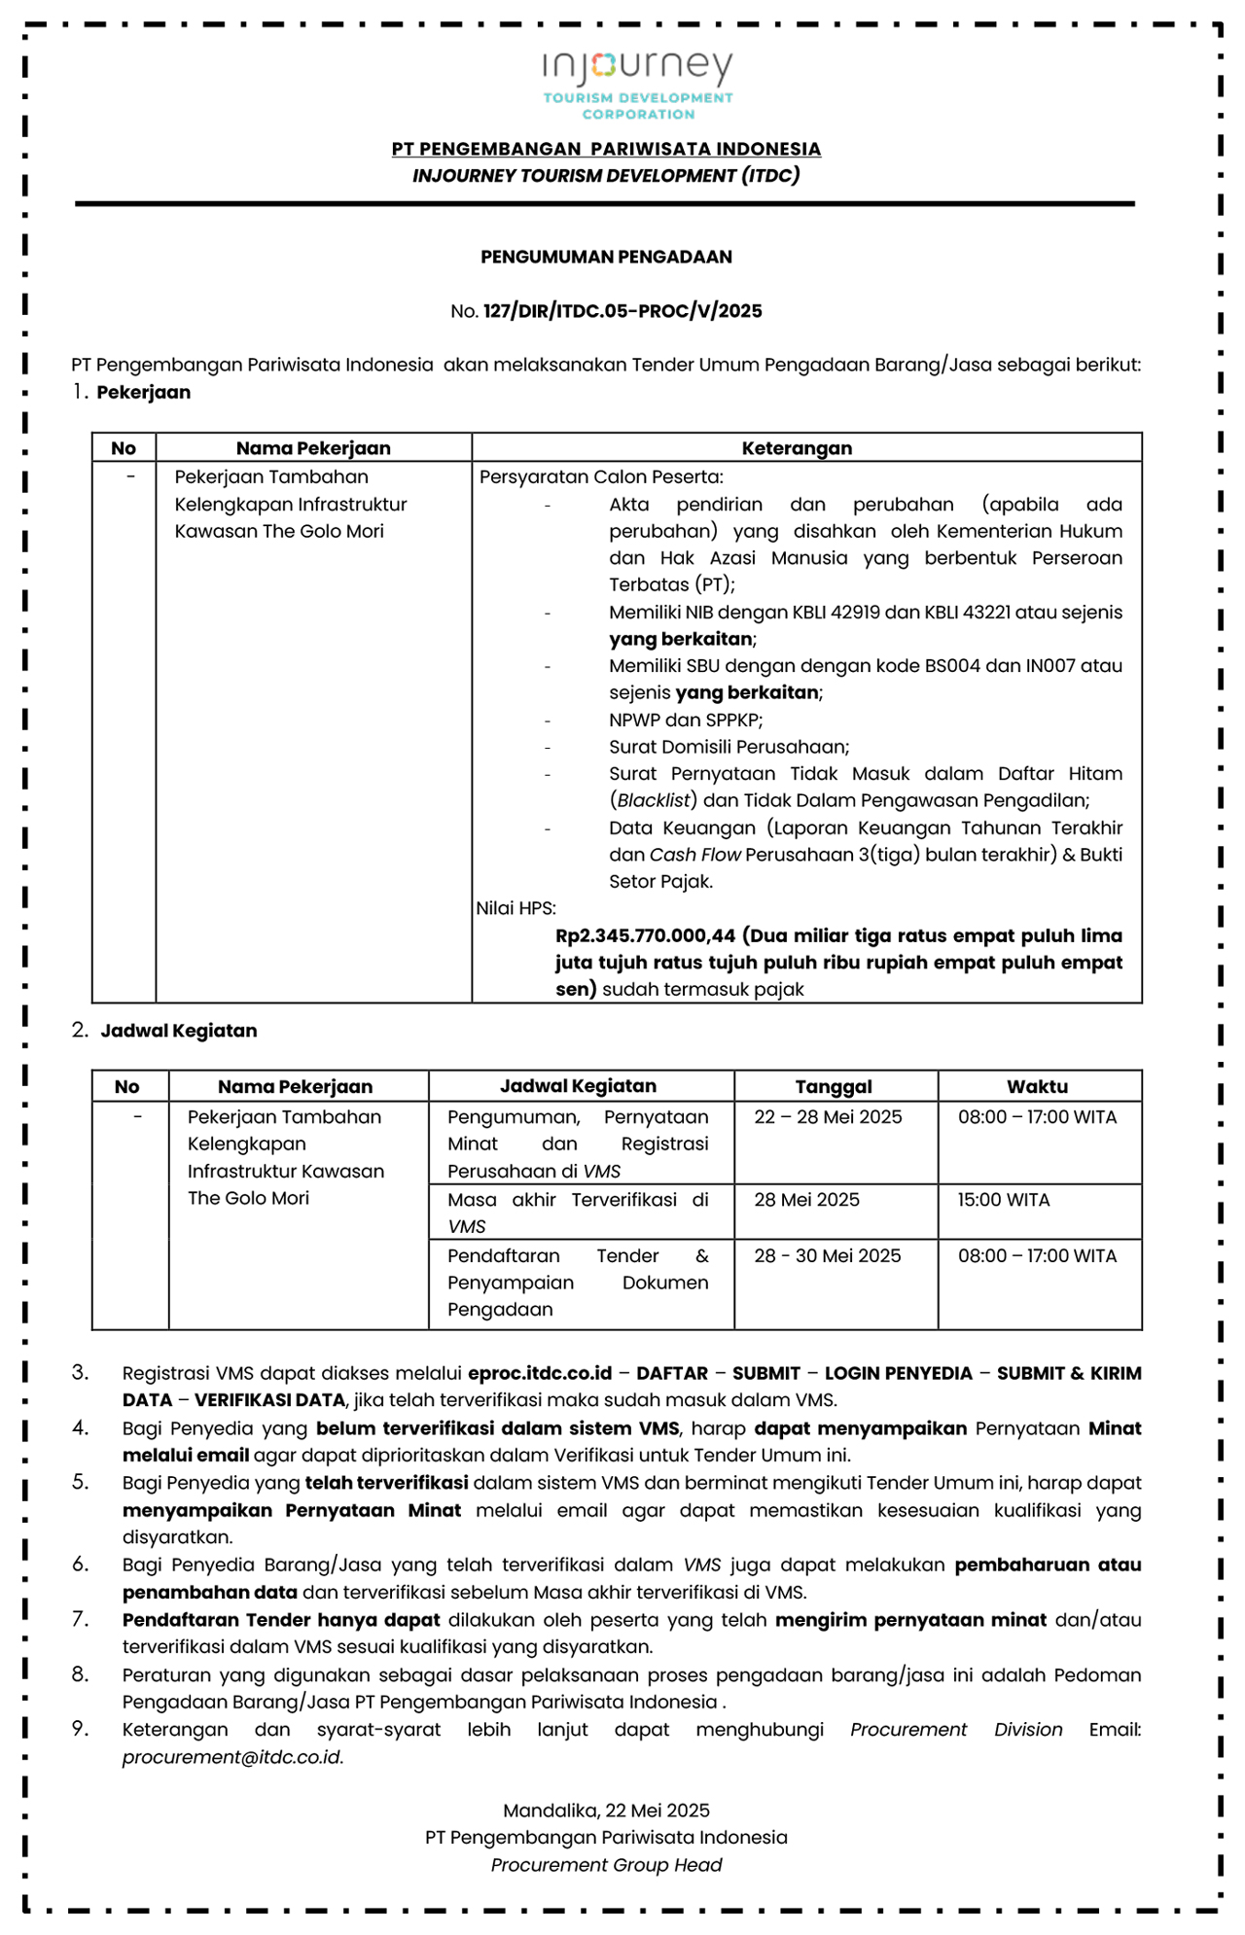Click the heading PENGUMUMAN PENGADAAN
pyautogui.click(x=606, y=257)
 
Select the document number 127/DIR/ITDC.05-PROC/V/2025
pyautogui.click(x=622, y=311)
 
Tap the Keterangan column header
pyautogui.click(x=797, y=448)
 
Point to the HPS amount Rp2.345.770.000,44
pyautogui.click(x=645, y=936)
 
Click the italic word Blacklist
pyautogui.click(x=654, y=800)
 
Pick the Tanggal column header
pyautogui.click(x=834, y=1087)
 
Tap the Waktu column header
pyautogui.click(x=1037, y=1087)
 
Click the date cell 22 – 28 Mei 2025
pyautogui.click(x=828, y=1117)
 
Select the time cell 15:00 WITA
pyautogui.click(x=1004, y=1200)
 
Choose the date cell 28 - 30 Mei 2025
pyautogui.click(x=828, y=1256)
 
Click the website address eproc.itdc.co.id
pyautogui.click(x=540, y=1373)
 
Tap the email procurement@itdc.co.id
pyautogui.click(x=232, y=1757)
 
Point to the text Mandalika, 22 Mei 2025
pyautogui.click(x=606, y=1811)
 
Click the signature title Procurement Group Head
pyautogui.click(x=606, y=1865)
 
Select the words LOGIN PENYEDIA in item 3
pyautogui.click(x=898, y=1373)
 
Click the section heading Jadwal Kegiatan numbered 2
pyautogui.click(x=179, y=1031)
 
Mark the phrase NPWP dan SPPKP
pyautogui.click(x=685, y=721)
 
